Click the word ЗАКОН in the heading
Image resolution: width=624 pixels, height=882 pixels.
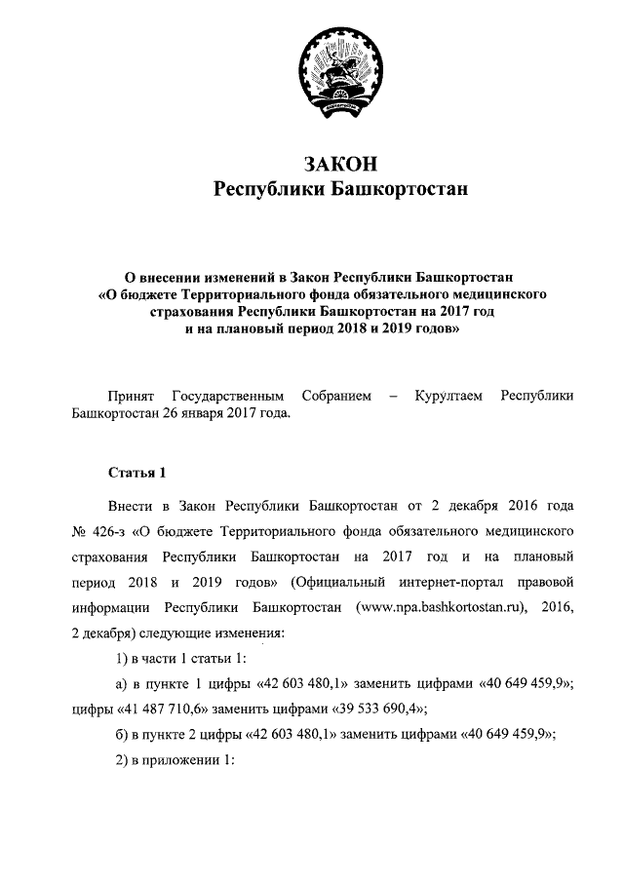point(340,163)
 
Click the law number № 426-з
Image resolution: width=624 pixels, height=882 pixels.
point(97,532)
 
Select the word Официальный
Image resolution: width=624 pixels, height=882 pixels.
point(333,583)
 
